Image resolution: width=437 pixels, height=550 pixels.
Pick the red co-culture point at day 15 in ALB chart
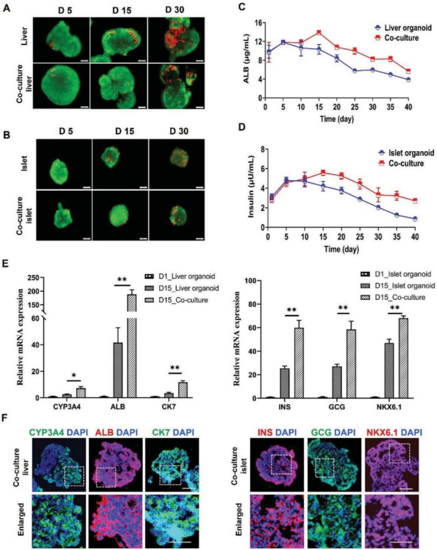coord(319,33)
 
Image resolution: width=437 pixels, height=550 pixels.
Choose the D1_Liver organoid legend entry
coord(173,276)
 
